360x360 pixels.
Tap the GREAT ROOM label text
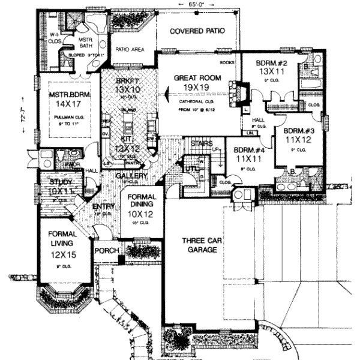tap(197, 79)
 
